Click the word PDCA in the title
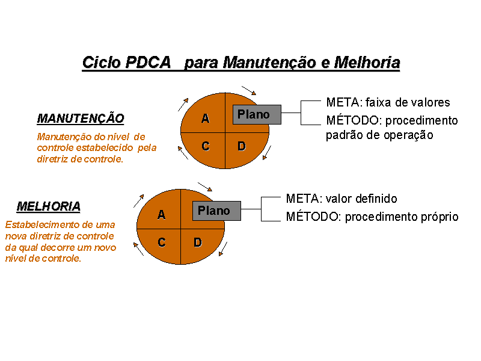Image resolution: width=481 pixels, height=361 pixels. click(x=147, y=63)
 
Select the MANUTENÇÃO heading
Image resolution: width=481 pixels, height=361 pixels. click(x=81, y=119)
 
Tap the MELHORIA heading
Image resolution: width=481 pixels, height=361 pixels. click(x=49, y=206)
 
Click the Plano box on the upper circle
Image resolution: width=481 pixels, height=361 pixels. click(x=257, y=114)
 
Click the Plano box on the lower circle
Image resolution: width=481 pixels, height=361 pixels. click(x=217, y=211)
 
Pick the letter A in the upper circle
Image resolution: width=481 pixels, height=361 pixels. click(x=205, y=118)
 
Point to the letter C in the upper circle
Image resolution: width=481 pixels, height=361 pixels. click(x=206, y=146)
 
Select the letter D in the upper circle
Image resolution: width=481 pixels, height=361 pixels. click(x=242, y=146)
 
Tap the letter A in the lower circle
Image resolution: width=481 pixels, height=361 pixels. click(x=161, y=215)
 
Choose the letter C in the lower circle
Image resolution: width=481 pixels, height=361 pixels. click(x=162, y=242)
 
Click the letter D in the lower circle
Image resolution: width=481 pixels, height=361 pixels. click(x=198, y=242)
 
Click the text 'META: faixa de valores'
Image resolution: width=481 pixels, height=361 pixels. click(x=388, y=102)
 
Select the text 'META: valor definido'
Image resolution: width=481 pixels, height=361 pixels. click(x=342, y=199)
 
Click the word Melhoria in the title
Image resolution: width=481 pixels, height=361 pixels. click(x=367, y=63)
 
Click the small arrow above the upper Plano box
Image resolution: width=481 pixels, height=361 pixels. click(x=249, y=91)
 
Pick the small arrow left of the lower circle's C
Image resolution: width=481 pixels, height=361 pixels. click(x=138, y=249)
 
